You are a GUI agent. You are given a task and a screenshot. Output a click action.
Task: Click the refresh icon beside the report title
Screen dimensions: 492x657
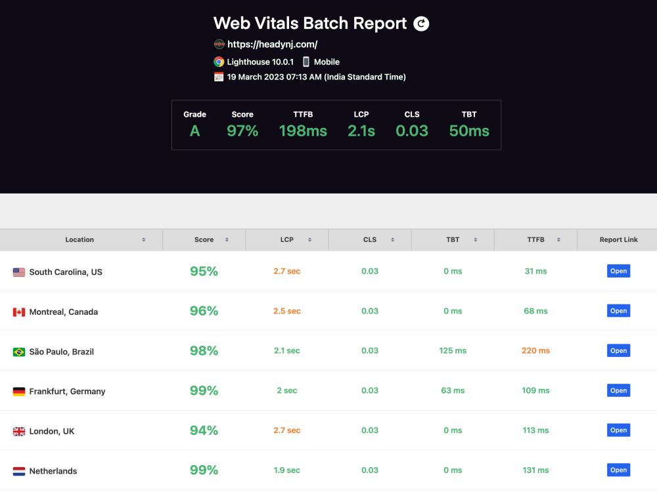point(421,24)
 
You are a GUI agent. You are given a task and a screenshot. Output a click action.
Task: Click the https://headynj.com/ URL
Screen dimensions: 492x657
point(272,45)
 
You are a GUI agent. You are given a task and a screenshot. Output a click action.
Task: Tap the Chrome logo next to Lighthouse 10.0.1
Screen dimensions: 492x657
point(219,62)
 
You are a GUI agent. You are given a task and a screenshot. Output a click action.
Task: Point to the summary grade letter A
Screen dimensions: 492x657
point(194,131)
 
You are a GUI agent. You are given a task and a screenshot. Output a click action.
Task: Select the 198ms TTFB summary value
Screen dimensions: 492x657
point(303,131)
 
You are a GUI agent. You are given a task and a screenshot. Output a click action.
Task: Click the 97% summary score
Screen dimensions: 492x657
point(242,131)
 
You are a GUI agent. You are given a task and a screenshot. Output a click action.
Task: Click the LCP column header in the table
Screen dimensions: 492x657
point(287,240)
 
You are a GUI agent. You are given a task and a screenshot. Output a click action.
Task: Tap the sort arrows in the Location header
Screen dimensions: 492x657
point(144,240)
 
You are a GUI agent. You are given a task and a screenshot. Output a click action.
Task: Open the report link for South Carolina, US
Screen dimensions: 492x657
point(618,271)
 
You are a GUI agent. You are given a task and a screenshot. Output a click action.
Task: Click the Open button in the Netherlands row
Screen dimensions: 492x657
point(618,470)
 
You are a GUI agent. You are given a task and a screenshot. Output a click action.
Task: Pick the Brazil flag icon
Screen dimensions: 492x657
point(19,352)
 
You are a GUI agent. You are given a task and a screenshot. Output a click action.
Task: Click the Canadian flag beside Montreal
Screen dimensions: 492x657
point(19,312)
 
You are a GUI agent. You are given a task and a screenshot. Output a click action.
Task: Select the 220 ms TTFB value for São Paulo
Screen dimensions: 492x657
point(535,351)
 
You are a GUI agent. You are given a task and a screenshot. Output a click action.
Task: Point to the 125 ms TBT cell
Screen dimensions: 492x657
point(453,351)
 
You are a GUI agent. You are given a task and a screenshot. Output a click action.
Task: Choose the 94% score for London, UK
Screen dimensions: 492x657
point(204,430)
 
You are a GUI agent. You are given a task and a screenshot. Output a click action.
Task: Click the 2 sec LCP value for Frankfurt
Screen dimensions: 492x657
point(287,391)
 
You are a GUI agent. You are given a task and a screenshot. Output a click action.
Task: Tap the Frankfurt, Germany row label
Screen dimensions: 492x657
point(67,392)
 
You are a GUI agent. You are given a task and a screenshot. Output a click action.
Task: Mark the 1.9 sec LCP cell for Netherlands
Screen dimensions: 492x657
point(287,470)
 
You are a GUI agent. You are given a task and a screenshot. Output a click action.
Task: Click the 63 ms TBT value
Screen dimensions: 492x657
point(453,391)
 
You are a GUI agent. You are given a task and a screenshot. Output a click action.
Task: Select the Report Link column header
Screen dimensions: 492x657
point(618,240)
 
